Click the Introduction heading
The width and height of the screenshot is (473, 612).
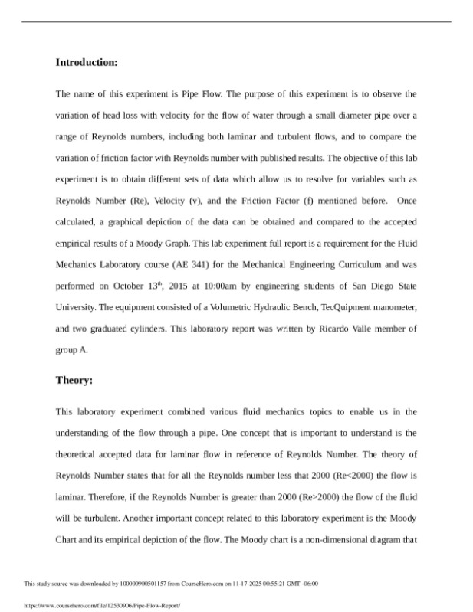(87, 62)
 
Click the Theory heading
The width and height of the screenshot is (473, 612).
(74, 380)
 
